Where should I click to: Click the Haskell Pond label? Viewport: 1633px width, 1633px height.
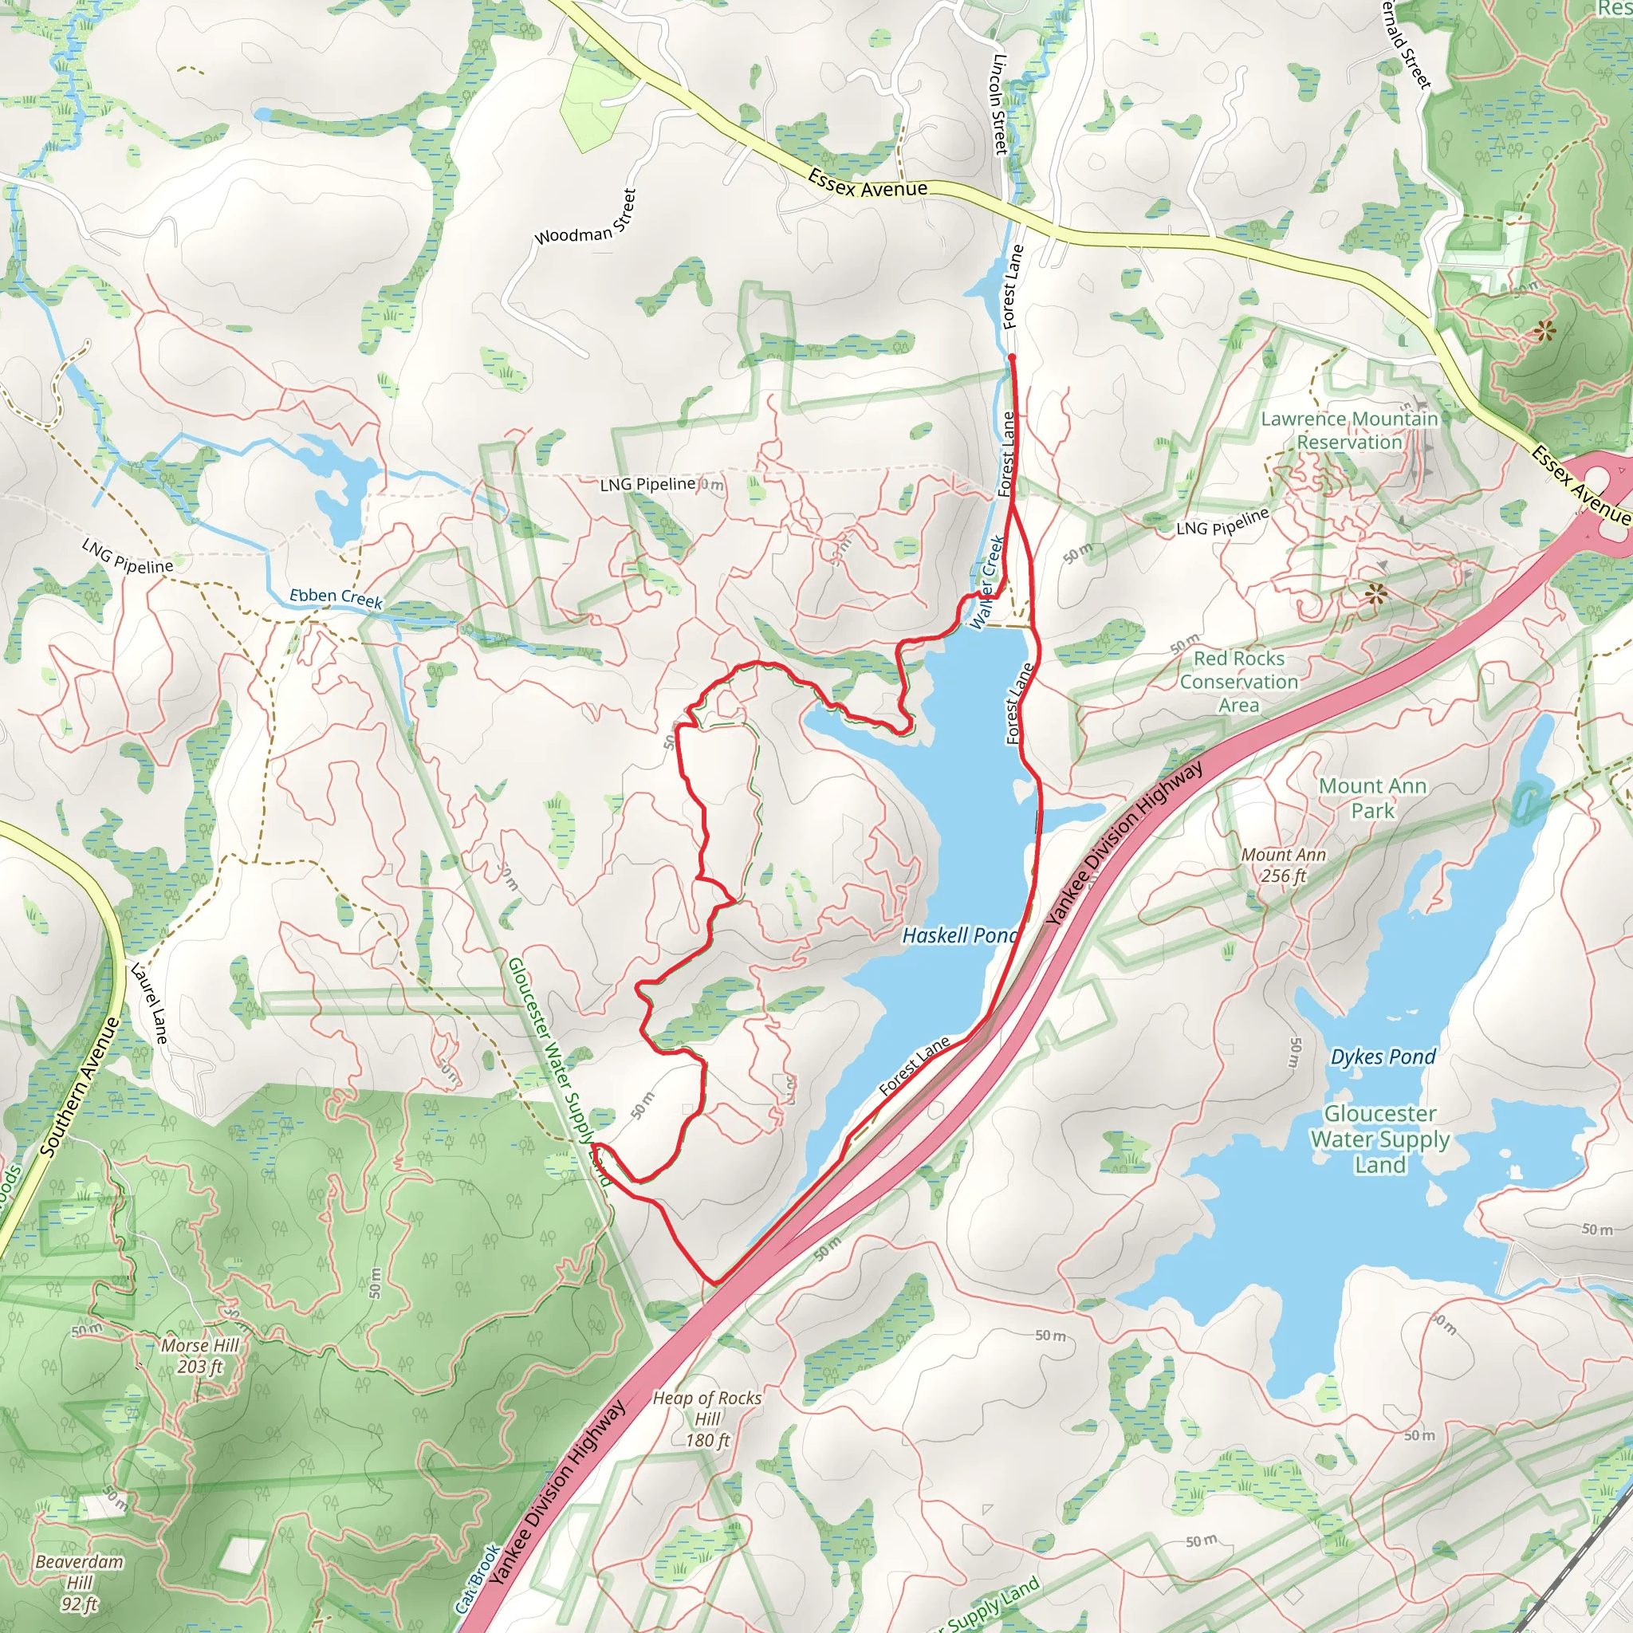coord(959,935)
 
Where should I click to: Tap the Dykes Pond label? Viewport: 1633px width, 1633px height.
coord(1383,1057)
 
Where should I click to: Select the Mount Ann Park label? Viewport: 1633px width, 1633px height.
coord(1373,798)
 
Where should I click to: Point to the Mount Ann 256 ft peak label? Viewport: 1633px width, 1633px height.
coord(1283,864)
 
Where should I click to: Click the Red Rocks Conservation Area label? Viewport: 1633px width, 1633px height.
coord(1239,681)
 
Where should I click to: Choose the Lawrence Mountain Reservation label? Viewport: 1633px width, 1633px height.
coord(1349,431)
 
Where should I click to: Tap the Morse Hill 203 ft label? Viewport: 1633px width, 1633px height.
coord(200,1355)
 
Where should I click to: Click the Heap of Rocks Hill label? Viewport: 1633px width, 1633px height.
coord(706,1419)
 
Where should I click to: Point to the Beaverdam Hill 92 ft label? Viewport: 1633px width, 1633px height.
coord(80,1581)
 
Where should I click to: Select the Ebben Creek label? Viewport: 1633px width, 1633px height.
coord(336,597)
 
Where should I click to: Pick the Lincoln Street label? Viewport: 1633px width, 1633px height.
coord(1001,104)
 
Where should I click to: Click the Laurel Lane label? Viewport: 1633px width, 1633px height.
coord(149,1002)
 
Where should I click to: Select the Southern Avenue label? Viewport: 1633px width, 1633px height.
coord(81,1086)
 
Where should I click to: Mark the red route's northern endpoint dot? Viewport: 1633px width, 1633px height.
coord(1012,357)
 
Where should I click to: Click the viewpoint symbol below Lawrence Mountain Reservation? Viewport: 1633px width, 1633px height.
coord(1376,594)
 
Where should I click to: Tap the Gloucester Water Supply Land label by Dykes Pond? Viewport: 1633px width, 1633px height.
coord(1379,1139)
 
